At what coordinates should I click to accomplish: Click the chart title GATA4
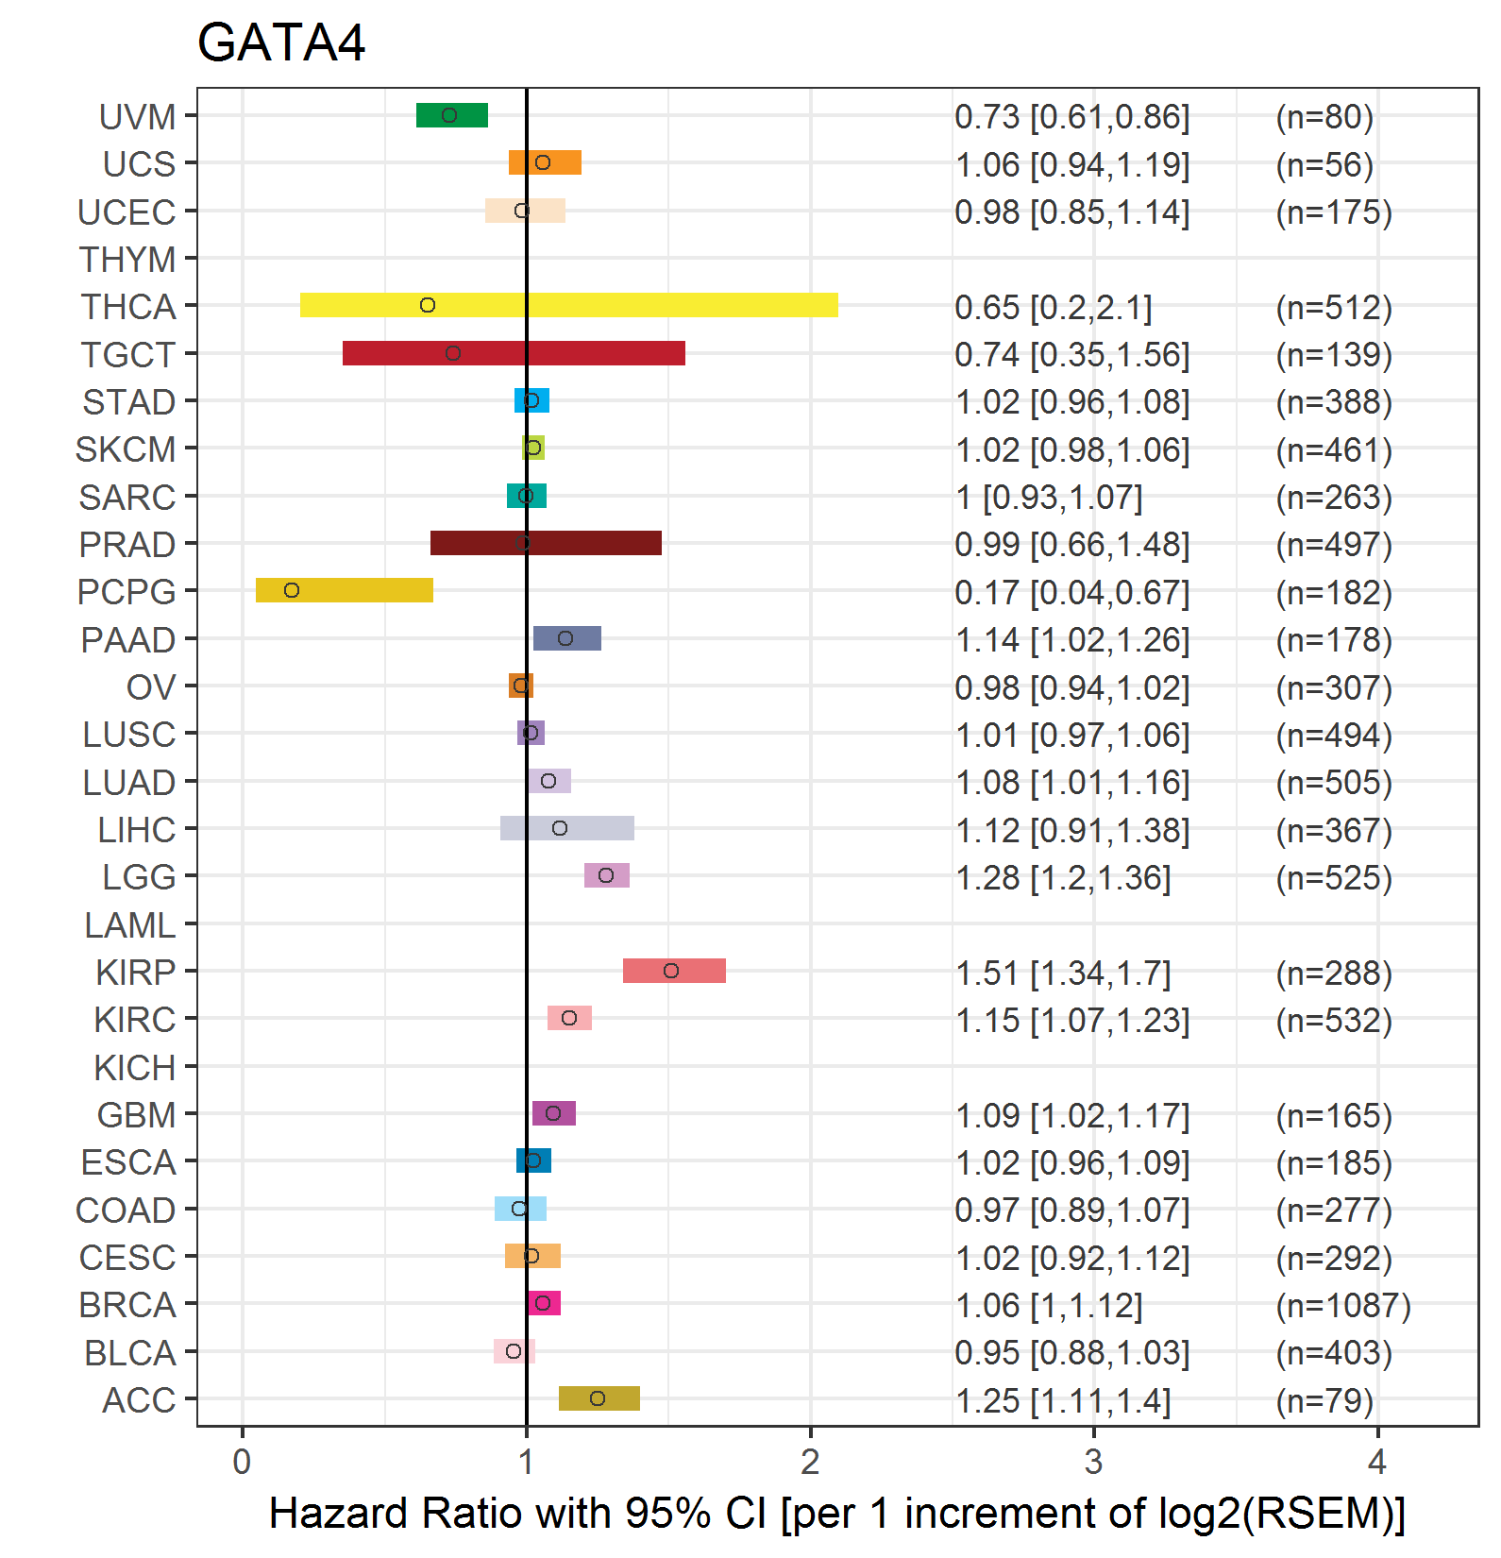pyautogui.click(x=280, y=43)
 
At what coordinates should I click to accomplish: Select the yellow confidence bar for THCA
pyautogui.click(x=569, y=305)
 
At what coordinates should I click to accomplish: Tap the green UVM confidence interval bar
pyautogui.click(x=452, y=115)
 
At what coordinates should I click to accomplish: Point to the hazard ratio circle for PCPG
pyautogui.click(x=292, y=590)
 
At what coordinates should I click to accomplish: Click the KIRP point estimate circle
pyautogui.click(x=671, y=971)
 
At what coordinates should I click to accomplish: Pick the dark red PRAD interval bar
pyautogui.click(x=546, y=543)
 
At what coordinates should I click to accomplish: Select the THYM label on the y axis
pyautogui.click(x=127, y=259)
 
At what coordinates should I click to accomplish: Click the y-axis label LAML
pyautogui.click(x=130, y=924)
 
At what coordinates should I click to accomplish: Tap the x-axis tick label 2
pyautogui.click(x=810, y=1462)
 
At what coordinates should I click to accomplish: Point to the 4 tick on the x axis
pyautogui.click(x=1377, y=1462)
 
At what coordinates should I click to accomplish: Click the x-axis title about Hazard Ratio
pyautogui.click(x=837, y=1513)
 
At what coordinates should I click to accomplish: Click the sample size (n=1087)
pyautogui.click(x=1343, y=1305)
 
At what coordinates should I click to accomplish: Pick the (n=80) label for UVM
pyautogui.click(x=1324, y=116)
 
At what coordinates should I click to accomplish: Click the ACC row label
pyautogui.click(x=140, y=1399)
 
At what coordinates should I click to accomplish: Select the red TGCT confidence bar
pyautogui.click(x=514, y=353)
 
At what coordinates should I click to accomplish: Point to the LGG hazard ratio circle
pyautogui.click(x=606, y=875)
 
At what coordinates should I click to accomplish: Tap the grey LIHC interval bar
pyautogui.click(x=567, y=828)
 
